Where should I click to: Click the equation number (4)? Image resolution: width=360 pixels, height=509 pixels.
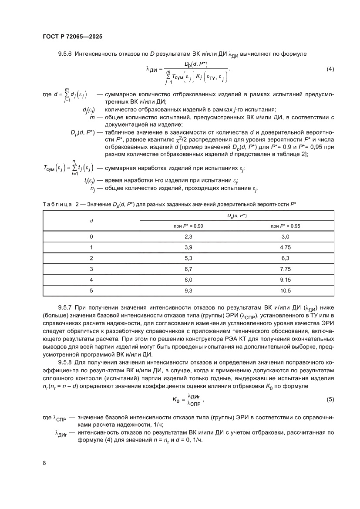point(330,69)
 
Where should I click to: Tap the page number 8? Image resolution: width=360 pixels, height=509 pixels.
point(44,463)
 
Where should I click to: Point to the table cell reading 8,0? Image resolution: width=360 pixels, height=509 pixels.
point(188,280)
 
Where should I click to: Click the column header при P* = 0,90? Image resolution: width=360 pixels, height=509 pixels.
point(188,226)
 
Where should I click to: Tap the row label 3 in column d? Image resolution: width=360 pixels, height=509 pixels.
point(91,269)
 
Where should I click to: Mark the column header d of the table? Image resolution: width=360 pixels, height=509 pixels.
point(91,221)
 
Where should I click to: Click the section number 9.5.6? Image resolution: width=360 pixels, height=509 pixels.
point(65,54)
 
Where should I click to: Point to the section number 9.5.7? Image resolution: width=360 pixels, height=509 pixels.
point(65,307)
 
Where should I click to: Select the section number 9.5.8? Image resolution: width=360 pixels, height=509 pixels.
point(65,362)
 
